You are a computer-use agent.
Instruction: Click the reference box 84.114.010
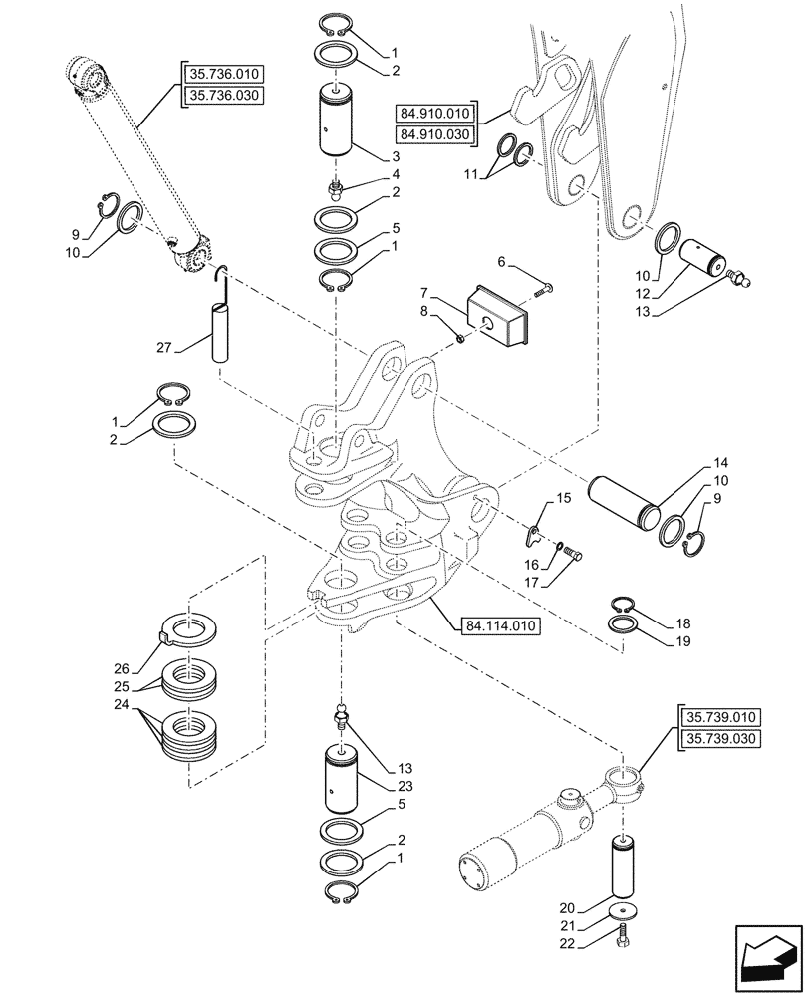[x=501, y=626]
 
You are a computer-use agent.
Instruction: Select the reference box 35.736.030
[x=223, y=95]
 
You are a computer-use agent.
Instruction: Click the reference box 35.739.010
[x=721, y=717]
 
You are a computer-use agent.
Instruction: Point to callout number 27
[x=164, y=348]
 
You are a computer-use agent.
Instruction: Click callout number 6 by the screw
[x=501, y=261]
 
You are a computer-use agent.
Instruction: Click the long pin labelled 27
[x=218, y=335]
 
